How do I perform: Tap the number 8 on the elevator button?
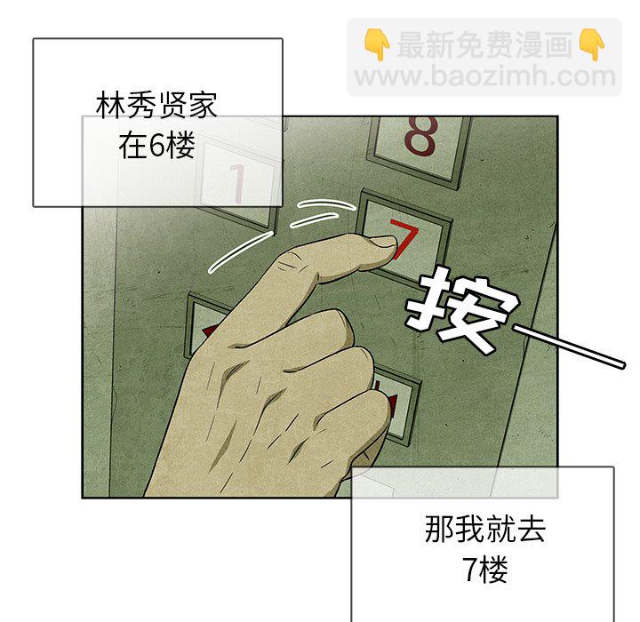pyautogui.click(x=420, y=136)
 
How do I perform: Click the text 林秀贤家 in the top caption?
pyautogui.click(x=156, y=106)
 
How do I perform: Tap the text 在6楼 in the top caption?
pyautogui.click(x=156, y=146)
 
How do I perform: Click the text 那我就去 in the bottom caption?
pyautogui.click(x=485, y=529)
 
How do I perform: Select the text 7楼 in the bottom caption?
pyautogui.click(x=485, y=570)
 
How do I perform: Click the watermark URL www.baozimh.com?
pyautogui.click(x=485, y=76)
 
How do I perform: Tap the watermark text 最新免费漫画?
pyautogui.click(x=485, y=44)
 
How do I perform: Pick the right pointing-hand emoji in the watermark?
pyautogui.click(x=591, y=44)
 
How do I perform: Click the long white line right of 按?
pyautogui.click(x=569, y=347)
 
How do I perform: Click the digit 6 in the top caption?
pyautogui.click(x=156, y=146)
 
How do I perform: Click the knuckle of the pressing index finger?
pyautogui.click(x=290, y=266)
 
